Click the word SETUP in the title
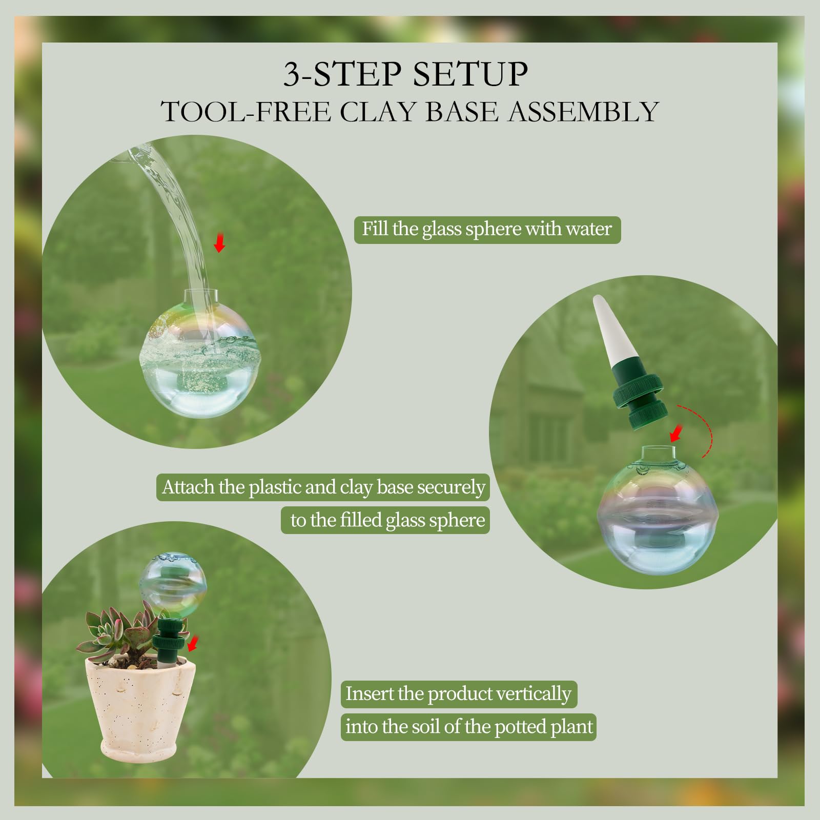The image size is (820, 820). [470, 74]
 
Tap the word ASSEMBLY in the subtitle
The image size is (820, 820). [583, 112]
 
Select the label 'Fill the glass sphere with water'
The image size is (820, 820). [487, 229]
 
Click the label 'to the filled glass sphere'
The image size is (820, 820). [385, 520]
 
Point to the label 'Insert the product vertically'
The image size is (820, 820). [459, 694]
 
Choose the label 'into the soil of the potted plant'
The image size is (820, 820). [468, 727]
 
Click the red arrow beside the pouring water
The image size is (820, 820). [220, 242]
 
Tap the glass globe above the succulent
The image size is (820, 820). [173, 585]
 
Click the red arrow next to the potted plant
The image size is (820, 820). [192, 644]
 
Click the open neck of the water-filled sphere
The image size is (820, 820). [200, 296]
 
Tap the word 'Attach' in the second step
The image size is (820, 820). [188, 487]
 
